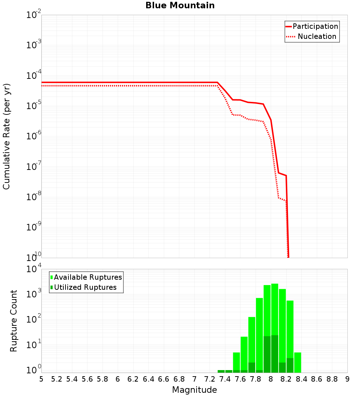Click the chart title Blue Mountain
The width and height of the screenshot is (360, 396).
[x=180, y=5]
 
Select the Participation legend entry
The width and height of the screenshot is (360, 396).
[x=315, y=26]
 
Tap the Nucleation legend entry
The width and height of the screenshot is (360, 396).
[x=316, y=36]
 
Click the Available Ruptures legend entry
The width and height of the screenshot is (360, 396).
[x=88, y=277]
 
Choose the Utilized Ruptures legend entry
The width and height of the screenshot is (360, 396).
[x=85, y=287]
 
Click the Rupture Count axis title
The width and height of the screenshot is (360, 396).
[x=14, y=320]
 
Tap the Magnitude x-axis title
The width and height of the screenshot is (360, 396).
[x=194, y=390]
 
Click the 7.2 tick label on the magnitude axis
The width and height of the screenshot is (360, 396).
[x=210, y=379]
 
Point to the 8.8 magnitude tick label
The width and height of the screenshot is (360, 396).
[x=332, y=379]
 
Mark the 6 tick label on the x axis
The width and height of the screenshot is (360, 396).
[x=118, y=379]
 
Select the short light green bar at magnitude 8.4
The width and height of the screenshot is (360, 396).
[x=298, y=362]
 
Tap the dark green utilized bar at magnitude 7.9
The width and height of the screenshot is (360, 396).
[x=267, y=354]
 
